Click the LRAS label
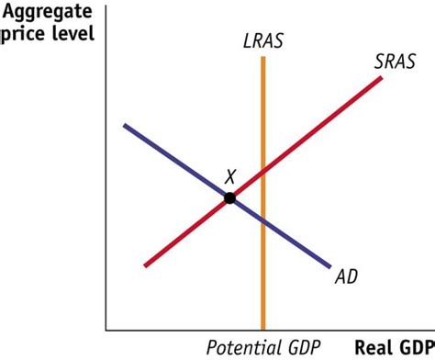click(x=263, y=42)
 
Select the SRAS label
click(x=395, y=62)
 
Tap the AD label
click(x=346, y=276)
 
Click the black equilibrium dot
click(x=229, y=197)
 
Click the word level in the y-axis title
click(x=75, y=38)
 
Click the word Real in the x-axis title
click(x=374, y=348)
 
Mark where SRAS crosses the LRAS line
click(x=263, y=172)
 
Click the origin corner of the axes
click(x=106, y=329)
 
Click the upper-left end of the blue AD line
click(x=123, y=125)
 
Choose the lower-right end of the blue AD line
click(x=329, y=267)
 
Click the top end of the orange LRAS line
click(x=263, y=58)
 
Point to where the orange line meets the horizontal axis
click(x=263, y=328)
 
